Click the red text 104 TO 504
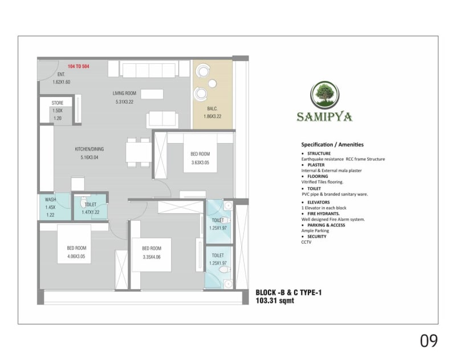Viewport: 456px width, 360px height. click(79, 67)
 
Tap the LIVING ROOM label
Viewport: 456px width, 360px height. click(124, 94)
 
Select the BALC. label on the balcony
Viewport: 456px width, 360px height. click(211, 109)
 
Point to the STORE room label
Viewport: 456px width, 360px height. click(58, 103)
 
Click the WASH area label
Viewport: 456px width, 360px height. click(50, 200)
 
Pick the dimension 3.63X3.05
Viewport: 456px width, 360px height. click(200, 162)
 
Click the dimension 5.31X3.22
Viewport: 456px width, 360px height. click(124, 102)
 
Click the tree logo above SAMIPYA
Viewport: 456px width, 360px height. click(324, 95)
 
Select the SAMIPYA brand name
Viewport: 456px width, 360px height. click(324, 117)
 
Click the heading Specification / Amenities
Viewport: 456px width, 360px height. click(332, 145)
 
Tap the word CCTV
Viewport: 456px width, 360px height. click(307, 242)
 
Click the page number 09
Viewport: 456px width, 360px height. click(429, 341)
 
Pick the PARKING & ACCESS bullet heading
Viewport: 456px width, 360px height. click(329, 225)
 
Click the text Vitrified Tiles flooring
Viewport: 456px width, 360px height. click(322, 182)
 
